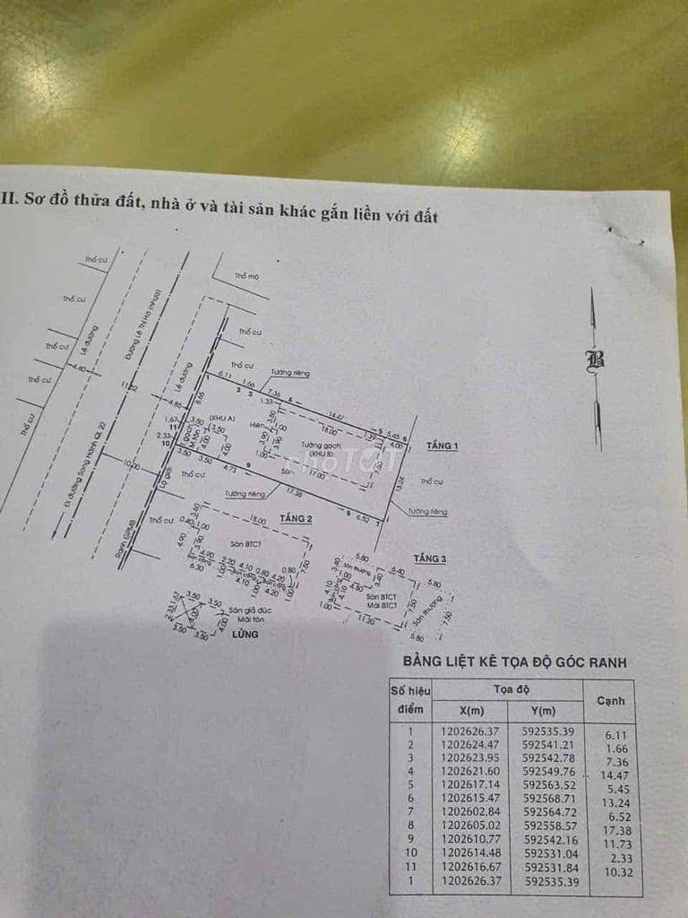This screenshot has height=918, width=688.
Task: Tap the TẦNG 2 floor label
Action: [295, 518]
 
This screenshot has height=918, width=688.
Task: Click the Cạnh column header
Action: [610, 700]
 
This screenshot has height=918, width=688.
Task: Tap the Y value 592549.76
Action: [549, 769]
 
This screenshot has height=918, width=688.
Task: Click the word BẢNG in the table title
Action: [422, 663]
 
